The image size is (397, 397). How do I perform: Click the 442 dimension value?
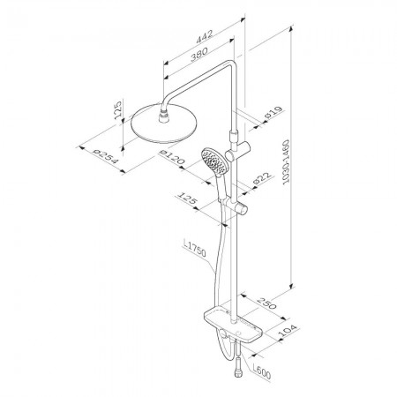click(204, 37)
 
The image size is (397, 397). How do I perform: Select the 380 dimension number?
click(199, 55)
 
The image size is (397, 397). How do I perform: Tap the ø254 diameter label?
click(105, 157)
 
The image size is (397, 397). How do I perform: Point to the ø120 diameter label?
click(172, 157)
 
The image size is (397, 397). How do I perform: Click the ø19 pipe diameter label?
click(273, 112)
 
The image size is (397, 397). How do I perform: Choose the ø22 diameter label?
click(261, 179)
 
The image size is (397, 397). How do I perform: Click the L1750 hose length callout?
click(194, 249)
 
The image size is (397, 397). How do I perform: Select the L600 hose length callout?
click(261, 372)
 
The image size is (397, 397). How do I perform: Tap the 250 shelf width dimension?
click(267, 303)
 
